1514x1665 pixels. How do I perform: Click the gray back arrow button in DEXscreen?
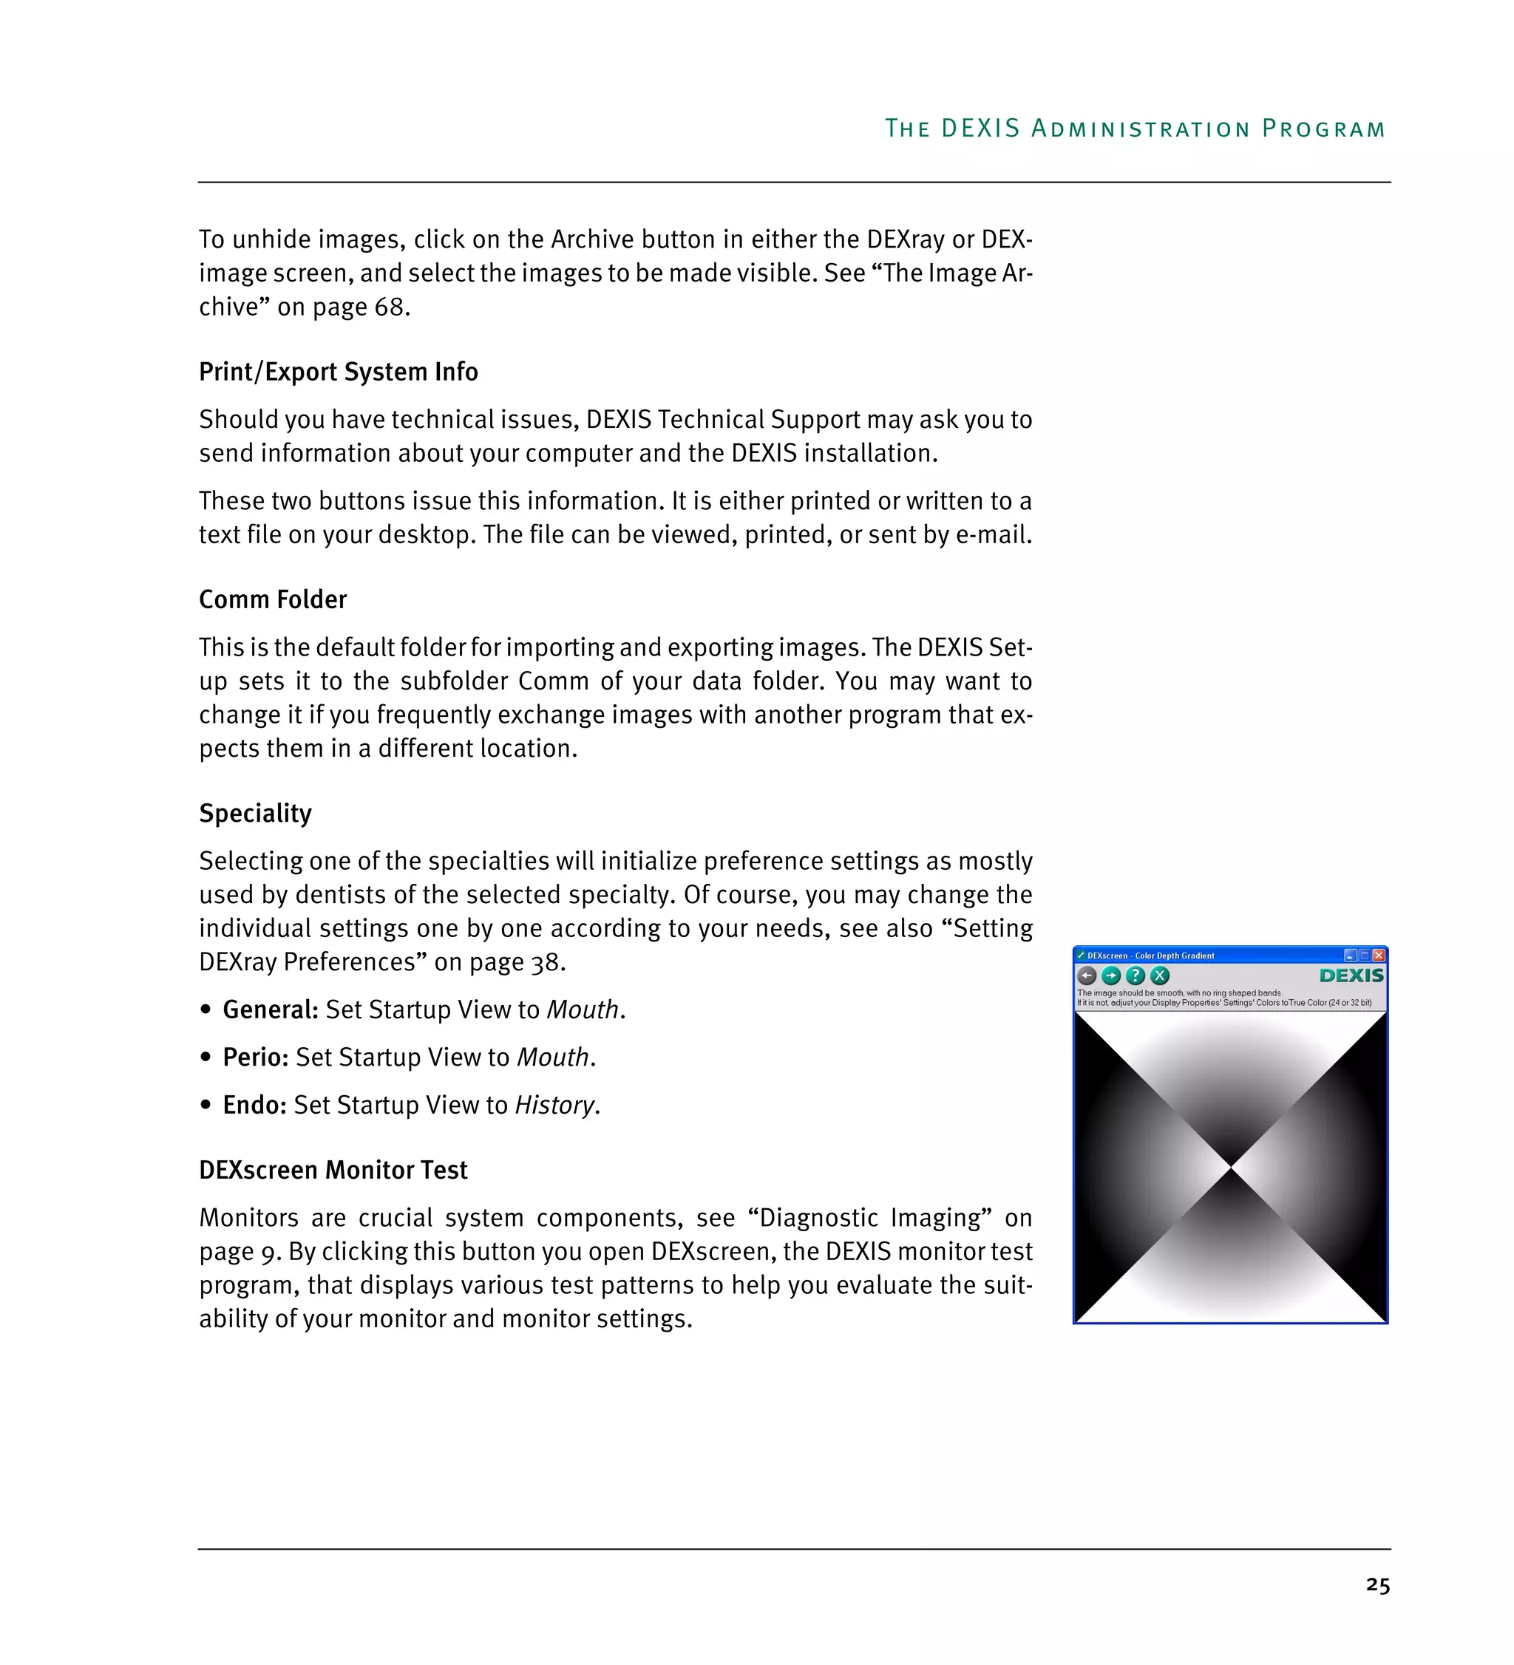tap(1087, 975)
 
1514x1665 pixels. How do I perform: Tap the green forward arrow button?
tap(1111, 975)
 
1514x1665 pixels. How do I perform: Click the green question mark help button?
tap(1135, 975)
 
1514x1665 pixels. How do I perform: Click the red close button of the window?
tap(1379, 956)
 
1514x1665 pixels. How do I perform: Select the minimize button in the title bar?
tap(1351, 956)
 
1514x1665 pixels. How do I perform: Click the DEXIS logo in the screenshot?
tap(1351, 975)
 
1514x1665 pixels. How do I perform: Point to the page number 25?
tap(1378, 1585)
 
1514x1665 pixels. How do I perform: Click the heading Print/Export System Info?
tap(339, 372)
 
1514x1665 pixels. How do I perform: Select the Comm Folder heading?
tap(273, 599)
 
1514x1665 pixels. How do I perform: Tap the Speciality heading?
tap(255, 814)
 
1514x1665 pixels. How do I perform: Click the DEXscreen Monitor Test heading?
tap(333, 1171)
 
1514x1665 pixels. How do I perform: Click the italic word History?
tap(554, 1106)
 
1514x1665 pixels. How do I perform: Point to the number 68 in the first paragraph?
tap(389, 307)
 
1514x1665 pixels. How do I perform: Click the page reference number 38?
tap(544, 963)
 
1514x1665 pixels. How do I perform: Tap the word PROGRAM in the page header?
tap(1324, 129)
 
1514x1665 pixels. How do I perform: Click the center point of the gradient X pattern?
tap(1231, 1167)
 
